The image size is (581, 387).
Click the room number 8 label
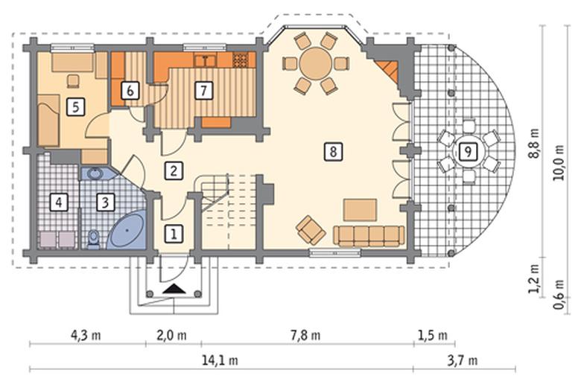point(333,152)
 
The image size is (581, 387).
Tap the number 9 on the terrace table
point(468,151)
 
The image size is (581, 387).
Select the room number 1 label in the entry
point(174,234)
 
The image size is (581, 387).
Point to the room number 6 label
point(130,90)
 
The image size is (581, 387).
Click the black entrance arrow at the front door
point(174,289)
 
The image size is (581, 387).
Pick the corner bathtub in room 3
point(127,230)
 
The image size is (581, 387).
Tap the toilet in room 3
point(93,239)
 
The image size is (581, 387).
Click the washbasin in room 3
point(96,173)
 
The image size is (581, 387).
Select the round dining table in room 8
point(316,63)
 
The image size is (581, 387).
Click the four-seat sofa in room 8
point(369,236)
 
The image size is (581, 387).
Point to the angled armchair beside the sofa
point(311,231)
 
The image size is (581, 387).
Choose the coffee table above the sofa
point(361,210)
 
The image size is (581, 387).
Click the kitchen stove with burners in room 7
point(240,60)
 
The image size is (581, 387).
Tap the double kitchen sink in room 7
point(206,60)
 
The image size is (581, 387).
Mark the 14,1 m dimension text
point(220,360)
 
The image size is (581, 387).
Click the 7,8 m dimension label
point(305,336)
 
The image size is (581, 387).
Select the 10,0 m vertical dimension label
point(559,162)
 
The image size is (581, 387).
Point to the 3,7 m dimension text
point(463,360)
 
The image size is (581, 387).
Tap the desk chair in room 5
point(73,80)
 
